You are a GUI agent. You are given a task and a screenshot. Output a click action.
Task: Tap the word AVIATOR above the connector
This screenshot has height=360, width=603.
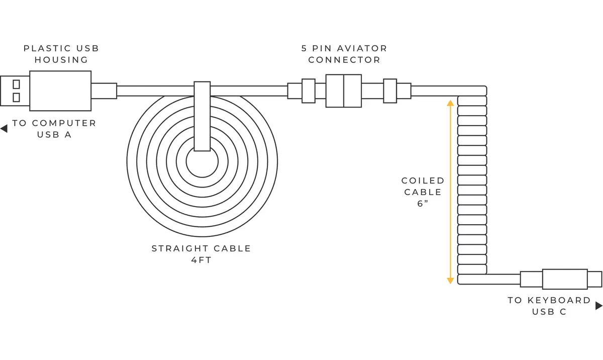(362, 48)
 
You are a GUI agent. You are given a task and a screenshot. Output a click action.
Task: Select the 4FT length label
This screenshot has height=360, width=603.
(202, 260)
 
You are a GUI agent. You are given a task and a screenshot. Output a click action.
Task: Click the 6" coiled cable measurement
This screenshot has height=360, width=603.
(423, 204)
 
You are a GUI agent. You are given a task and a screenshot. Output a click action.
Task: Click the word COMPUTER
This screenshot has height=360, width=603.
(64, 123)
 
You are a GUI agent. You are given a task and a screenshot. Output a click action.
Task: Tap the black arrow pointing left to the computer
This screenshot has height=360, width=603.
(4, 129)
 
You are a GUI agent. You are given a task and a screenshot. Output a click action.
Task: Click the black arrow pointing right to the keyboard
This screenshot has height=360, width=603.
(598, 306)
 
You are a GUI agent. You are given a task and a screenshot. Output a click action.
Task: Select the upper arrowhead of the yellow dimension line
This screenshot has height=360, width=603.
(450, 103)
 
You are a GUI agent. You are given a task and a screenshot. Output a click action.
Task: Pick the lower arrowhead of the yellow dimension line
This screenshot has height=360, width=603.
(450, 281)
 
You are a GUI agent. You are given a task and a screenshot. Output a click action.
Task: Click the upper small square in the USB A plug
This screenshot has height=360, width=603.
(16, 84)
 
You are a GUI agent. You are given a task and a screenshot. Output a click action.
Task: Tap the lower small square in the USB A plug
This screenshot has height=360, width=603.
(16, 97)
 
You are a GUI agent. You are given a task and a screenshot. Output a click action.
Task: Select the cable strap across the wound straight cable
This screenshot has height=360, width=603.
(202, 116)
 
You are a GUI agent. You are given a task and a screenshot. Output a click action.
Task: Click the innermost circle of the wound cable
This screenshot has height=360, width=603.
(202, 177)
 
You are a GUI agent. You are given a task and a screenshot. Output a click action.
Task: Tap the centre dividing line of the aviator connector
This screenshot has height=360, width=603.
(344, 91)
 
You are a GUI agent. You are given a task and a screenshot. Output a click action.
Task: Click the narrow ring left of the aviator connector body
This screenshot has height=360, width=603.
(309, 91)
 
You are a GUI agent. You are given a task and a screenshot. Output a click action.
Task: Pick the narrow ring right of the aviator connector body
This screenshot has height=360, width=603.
(390, 91)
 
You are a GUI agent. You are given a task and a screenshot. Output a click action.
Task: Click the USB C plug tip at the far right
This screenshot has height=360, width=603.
(594, 279)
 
